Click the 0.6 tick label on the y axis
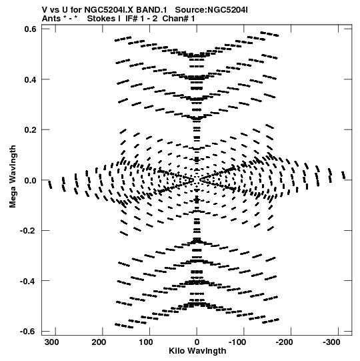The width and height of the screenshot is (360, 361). pos(31,29)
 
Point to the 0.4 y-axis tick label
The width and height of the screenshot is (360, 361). pos(31,79)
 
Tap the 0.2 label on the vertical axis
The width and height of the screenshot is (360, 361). pos(31,130)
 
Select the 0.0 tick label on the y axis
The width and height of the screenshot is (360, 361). pos(31,180)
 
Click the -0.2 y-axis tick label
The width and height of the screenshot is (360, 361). pos(29,230)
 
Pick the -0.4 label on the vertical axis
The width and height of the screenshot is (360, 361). pos(29,281)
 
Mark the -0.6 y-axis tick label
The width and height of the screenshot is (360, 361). pos(29,331)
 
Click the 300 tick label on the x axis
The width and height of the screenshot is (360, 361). pos(52,342)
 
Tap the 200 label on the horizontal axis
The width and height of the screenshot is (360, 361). pos(99,342)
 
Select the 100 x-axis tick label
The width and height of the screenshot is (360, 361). pos(146,342)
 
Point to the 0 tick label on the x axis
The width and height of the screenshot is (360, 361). pos(197,342)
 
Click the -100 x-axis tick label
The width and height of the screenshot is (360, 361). pos(237,342)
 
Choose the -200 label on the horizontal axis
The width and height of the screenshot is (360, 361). pos(284,342)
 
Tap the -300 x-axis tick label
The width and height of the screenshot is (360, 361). pos(331,342)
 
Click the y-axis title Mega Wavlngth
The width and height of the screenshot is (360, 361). pos(13,176)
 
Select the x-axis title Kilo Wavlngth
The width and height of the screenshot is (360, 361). pos(197,351)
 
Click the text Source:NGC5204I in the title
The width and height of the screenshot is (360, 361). pos(211,10)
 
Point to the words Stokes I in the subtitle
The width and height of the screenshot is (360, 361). pos(103,19)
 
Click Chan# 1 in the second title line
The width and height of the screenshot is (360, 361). pos(179,19)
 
